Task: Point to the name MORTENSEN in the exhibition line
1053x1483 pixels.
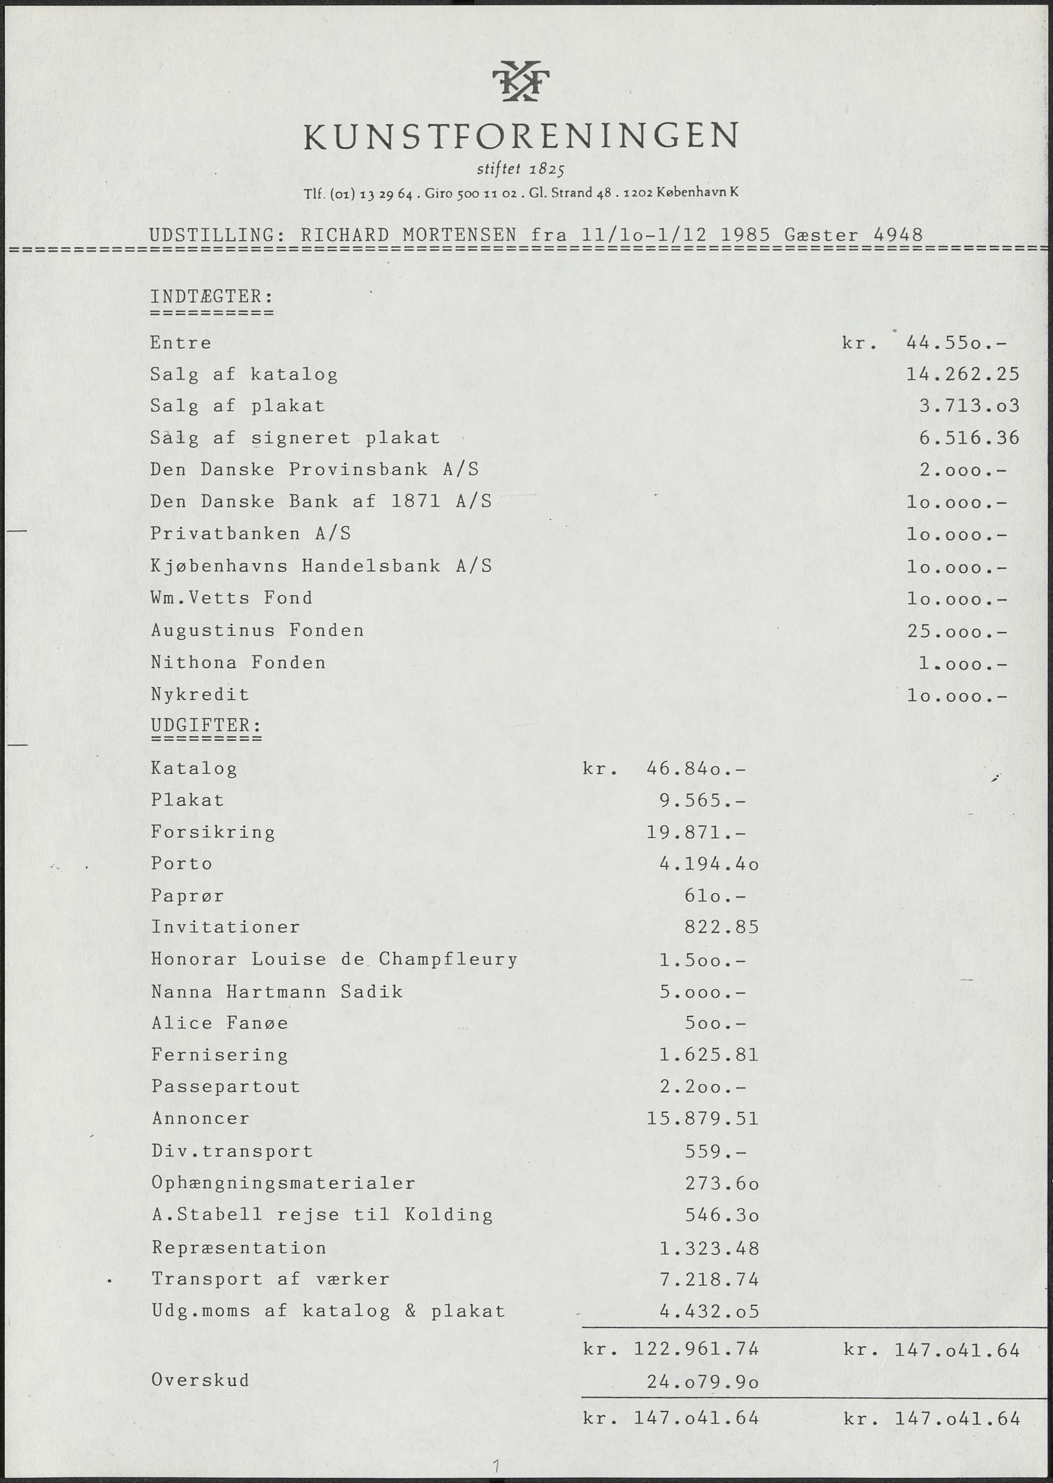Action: click(459, 235)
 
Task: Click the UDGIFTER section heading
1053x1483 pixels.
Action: click(206, 724)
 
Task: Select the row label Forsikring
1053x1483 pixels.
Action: click(213, 833)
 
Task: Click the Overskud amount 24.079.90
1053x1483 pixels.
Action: click(702, 1382)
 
